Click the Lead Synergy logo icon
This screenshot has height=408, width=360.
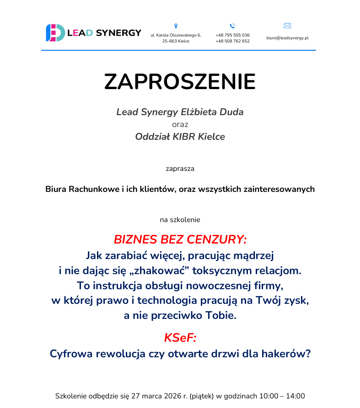pos(54,33)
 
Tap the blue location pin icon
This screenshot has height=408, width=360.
pos(176,26)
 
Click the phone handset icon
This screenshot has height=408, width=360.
pos(232,26)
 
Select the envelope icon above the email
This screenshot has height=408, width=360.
pos(287,26)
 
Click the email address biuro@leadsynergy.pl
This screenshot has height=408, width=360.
pos(287,38)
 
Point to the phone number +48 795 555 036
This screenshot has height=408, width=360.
pos(232,35)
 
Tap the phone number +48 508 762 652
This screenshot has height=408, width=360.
pos(232,41)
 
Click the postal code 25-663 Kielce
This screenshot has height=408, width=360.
pos(176,41)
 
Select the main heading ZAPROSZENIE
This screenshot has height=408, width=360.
pos(180,81)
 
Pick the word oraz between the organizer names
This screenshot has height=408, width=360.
pos(180,124)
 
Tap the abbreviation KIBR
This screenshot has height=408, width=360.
pos(184,137)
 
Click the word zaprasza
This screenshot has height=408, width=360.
pos(180,169)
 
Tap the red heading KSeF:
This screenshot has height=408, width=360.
pos(180,338)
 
